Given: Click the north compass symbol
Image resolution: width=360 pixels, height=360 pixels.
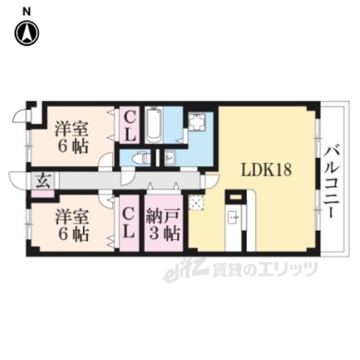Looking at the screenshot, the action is pos(27,33).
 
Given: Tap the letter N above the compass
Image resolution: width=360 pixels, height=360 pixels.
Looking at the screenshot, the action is pos(27,12).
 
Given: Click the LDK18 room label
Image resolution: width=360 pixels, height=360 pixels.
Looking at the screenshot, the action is pos(266,170).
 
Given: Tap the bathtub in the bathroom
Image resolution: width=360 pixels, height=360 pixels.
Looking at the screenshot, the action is pos(154,125).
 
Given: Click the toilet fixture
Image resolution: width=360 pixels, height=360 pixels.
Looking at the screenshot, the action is pos(141,158).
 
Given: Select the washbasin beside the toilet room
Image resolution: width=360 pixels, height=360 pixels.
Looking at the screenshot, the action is pos(170,157).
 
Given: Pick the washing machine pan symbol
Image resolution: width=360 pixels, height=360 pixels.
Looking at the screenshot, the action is pos(197,121).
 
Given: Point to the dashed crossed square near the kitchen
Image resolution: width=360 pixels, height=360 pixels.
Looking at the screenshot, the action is pos(196,202).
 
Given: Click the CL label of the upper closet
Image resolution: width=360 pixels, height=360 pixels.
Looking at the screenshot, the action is pos(129,125).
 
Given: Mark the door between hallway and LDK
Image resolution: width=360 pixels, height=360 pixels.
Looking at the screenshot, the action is pos(211,181).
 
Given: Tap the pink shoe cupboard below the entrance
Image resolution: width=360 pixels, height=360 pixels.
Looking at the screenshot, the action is pos(43,193).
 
